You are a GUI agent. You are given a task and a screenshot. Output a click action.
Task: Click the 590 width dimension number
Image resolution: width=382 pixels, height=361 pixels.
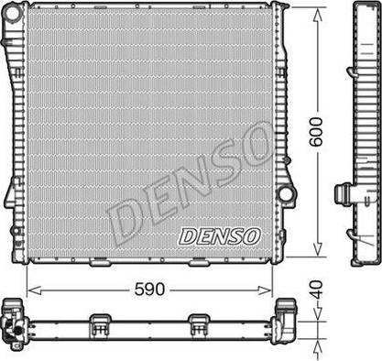pyautogui.click(x=149, y=290)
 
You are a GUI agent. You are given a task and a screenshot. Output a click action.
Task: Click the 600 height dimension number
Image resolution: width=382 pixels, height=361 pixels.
pyautogui.click(x=316, y=132)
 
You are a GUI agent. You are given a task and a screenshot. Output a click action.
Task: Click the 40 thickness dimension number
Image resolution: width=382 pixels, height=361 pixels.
pyautogui.click(x=318, y=290)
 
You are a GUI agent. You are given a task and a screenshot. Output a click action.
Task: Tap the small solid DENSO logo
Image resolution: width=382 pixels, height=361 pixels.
pyautogui.click(x=220, y=236)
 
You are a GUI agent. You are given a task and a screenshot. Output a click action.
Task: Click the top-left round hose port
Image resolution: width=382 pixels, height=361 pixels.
pyautogui.click(x=13, y=13)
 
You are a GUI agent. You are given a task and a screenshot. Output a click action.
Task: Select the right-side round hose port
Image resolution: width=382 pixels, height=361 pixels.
pyautogui.click(x=285, y=193)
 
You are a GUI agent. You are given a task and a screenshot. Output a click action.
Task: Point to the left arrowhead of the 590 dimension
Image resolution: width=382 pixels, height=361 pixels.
pyautogui.click(x=34, y=290)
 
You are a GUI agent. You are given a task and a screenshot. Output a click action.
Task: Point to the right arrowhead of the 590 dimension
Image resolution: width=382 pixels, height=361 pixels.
pyautogui.click(x=265, y=290)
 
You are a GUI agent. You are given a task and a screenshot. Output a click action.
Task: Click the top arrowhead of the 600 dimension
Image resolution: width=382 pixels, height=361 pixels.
pyautogui.click(x=318, y=15)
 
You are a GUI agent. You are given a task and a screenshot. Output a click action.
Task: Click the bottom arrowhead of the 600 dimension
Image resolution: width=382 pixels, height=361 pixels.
pyautogui.click(x=318, y=249)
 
